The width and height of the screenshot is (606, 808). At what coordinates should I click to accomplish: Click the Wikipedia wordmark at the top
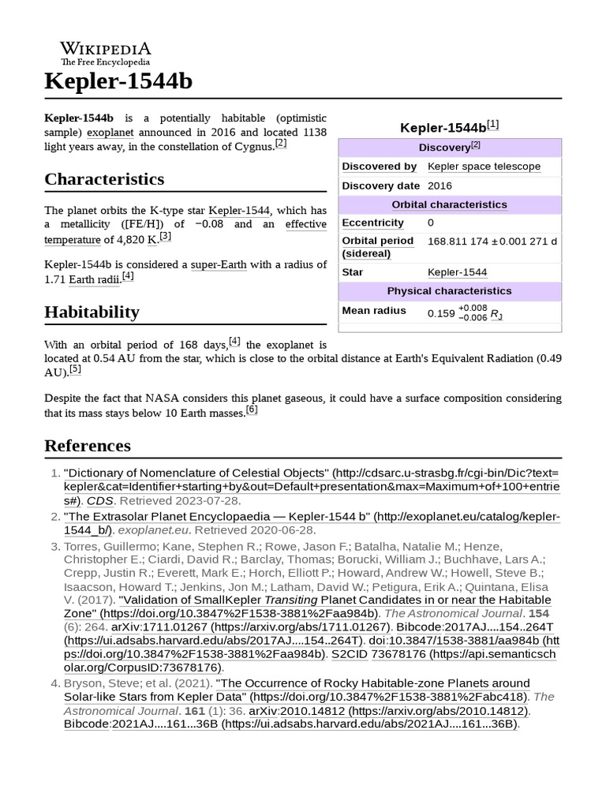click(106, 49)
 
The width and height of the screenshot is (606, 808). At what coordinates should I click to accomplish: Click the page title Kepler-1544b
click(118, 81)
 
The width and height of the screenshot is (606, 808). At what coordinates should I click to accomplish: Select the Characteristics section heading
click(104, 179)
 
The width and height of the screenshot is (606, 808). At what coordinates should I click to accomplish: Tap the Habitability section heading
click(92, 312)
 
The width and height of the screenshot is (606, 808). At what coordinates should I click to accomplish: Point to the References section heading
click(88, 446)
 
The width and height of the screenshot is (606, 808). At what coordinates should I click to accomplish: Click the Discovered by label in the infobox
click(379, 166)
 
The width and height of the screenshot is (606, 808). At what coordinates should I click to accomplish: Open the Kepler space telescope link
click(484, 166)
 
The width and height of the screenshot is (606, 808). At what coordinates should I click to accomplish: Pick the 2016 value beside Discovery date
click(440, 185)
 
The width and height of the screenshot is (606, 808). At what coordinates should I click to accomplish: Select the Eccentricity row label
click(372, 223)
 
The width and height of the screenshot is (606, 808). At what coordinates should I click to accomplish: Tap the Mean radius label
click(374, 310)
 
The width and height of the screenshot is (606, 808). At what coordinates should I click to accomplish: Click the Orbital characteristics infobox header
click(450, 204)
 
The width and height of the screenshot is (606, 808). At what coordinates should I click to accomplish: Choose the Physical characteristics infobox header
click(450, 291)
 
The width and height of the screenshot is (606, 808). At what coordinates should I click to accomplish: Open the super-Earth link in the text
click(219, 264)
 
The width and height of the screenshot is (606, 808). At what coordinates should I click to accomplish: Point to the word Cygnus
click(252, 146)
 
